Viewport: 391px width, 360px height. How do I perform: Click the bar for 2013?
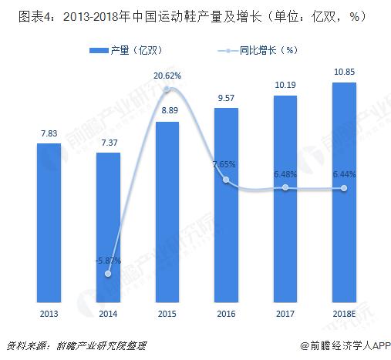[49, 222]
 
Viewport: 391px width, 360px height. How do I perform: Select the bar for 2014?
[108, 227]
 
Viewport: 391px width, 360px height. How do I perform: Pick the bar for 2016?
[226, 204]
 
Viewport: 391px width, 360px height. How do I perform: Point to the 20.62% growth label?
[167, 76]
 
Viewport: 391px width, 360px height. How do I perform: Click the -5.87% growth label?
[108, 261]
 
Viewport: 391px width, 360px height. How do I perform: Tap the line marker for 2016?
[226, 180]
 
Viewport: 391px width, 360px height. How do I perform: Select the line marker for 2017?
[285, 187]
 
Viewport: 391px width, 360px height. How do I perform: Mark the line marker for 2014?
[108, 274]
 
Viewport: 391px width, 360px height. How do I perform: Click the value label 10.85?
[344, 72]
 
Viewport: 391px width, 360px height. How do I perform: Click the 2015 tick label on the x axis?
[167, 313]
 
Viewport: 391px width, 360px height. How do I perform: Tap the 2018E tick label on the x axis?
[344, 313]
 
